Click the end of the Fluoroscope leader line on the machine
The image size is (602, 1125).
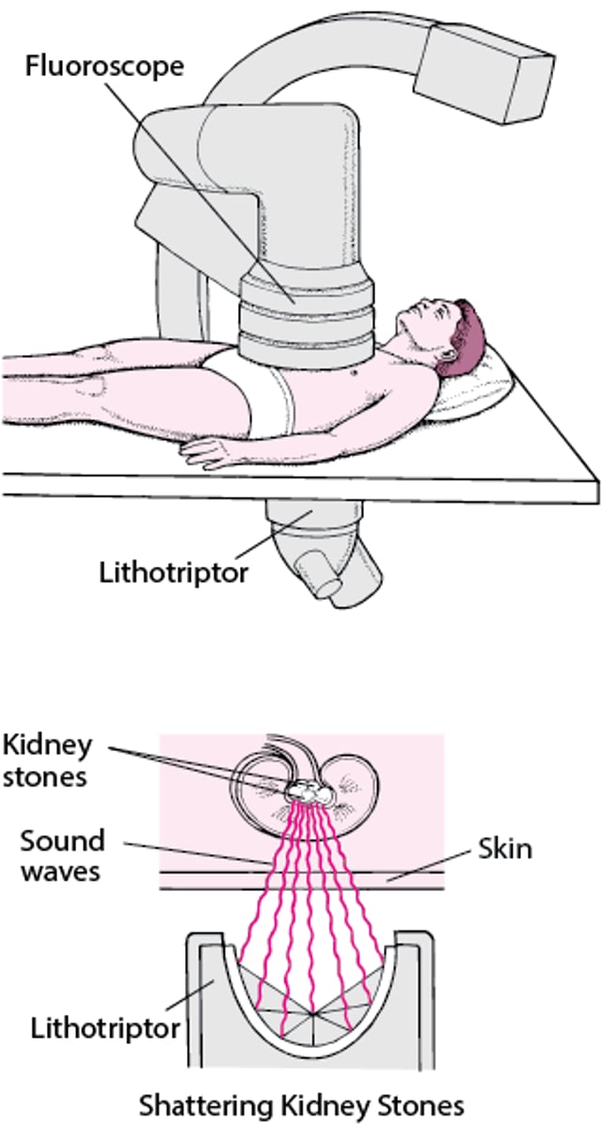click(293, 303)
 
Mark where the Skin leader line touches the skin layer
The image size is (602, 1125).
click(388, 879)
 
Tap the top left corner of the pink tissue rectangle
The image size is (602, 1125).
click(160, 734)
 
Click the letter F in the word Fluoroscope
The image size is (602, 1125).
click(33, 66)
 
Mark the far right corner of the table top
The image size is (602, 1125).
click(597, 480)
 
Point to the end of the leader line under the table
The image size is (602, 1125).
click(311, 509)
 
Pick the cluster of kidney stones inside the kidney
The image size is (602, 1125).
click(310, 792)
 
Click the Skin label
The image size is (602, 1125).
click(505, 849)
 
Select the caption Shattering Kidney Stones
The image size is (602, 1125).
click(301, 1104)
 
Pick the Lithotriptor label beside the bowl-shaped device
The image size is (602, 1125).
click(105, 1029)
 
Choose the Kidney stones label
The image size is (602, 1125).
click(47, 760)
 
